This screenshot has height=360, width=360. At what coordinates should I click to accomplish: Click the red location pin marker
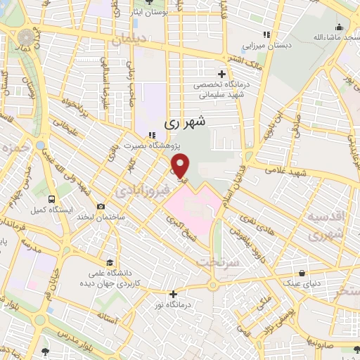coord(181,166)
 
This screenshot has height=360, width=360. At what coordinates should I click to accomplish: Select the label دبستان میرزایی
coord(266,45)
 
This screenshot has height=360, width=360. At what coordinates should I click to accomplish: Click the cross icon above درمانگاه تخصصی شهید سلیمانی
coord(222,73)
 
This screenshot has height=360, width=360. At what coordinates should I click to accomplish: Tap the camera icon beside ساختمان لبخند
coord(101,207)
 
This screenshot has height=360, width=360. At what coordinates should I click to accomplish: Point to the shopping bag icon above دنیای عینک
coord(302,274)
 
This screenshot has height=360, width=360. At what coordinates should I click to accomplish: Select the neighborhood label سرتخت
coord(219,261)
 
